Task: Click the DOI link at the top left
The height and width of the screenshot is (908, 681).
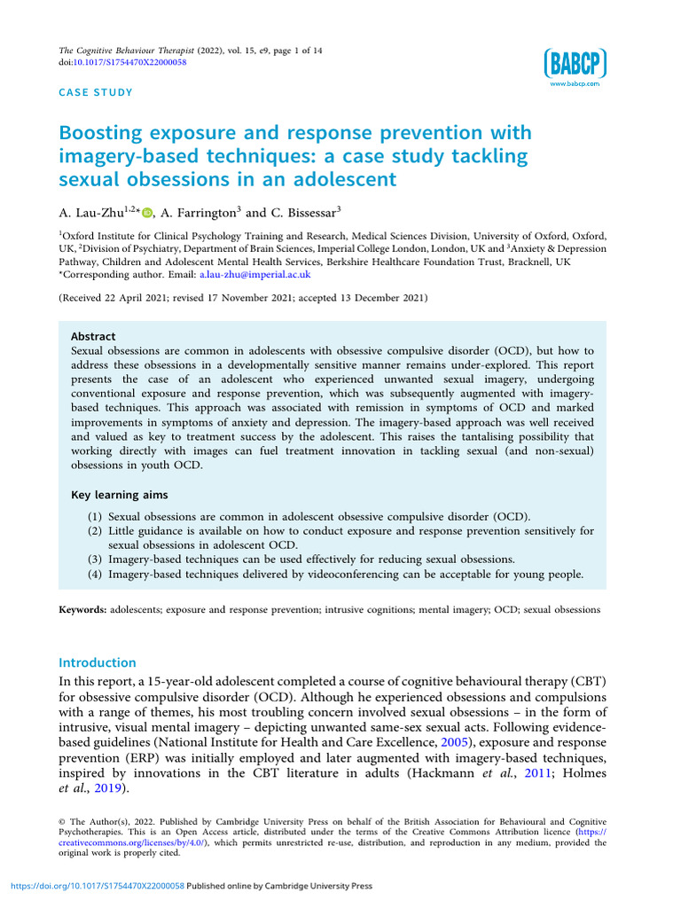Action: pos(134,62)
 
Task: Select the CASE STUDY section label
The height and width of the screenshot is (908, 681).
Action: pos(96,92)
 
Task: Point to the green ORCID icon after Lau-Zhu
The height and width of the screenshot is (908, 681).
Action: pos(147,213)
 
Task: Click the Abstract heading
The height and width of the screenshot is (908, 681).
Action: pos(93,337)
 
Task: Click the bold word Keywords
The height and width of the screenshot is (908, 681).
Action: pos(82,610)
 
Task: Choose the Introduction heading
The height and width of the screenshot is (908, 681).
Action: pos(98,662)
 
